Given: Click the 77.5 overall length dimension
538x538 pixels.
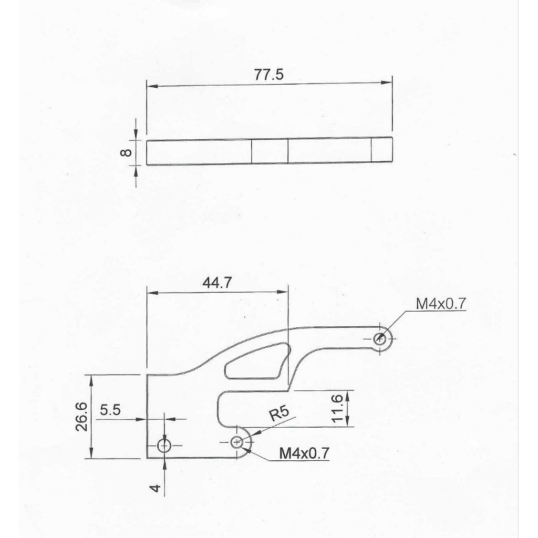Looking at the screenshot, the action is coord(269,75).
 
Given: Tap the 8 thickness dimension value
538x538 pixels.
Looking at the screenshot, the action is coord(127,152).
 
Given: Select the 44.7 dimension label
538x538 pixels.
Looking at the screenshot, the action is coord(217,283).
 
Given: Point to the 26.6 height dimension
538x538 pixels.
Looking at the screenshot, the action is coord(82,417).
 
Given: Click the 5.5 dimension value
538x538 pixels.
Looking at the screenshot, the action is coord(110,409).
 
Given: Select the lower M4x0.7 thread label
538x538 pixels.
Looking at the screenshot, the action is coord(304,453).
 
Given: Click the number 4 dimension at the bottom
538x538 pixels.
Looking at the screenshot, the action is coord(156,488).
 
